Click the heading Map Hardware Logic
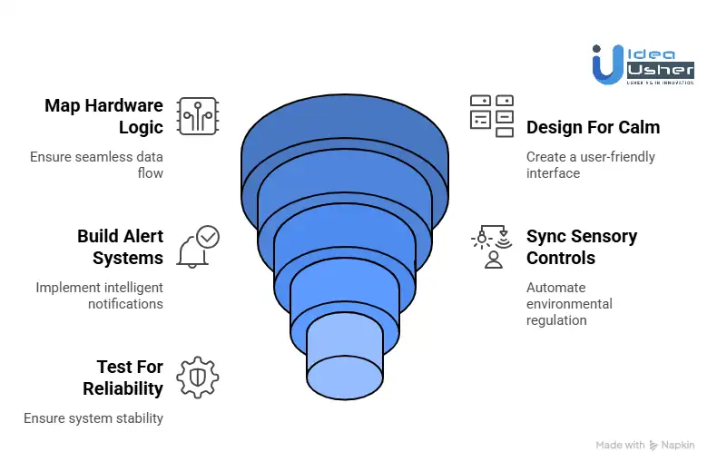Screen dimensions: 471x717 point(103,116)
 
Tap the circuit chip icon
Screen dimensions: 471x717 point(197,116)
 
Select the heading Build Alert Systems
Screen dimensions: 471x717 point(120,247)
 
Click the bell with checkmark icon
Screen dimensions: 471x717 point(197,247)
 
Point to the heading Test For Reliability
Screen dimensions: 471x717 point(123,378)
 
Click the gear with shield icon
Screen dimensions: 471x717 point(197,378)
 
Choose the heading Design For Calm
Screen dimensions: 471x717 point(593,127)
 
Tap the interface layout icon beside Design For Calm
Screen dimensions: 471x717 point(492,116)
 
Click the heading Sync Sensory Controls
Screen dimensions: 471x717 point(582,247)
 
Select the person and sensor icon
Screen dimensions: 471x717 point(492,247)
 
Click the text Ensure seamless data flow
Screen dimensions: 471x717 point(96,164)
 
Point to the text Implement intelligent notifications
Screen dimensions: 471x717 point(100,295)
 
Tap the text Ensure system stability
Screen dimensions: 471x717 point(93,418)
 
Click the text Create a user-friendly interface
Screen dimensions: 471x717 point(590,164)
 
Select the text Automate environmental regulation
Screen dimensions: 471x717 point(569,304)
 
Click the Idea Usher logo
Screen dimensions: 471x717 point(643,64)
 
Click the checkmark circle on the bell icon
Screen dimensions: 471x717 point(208,236)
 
